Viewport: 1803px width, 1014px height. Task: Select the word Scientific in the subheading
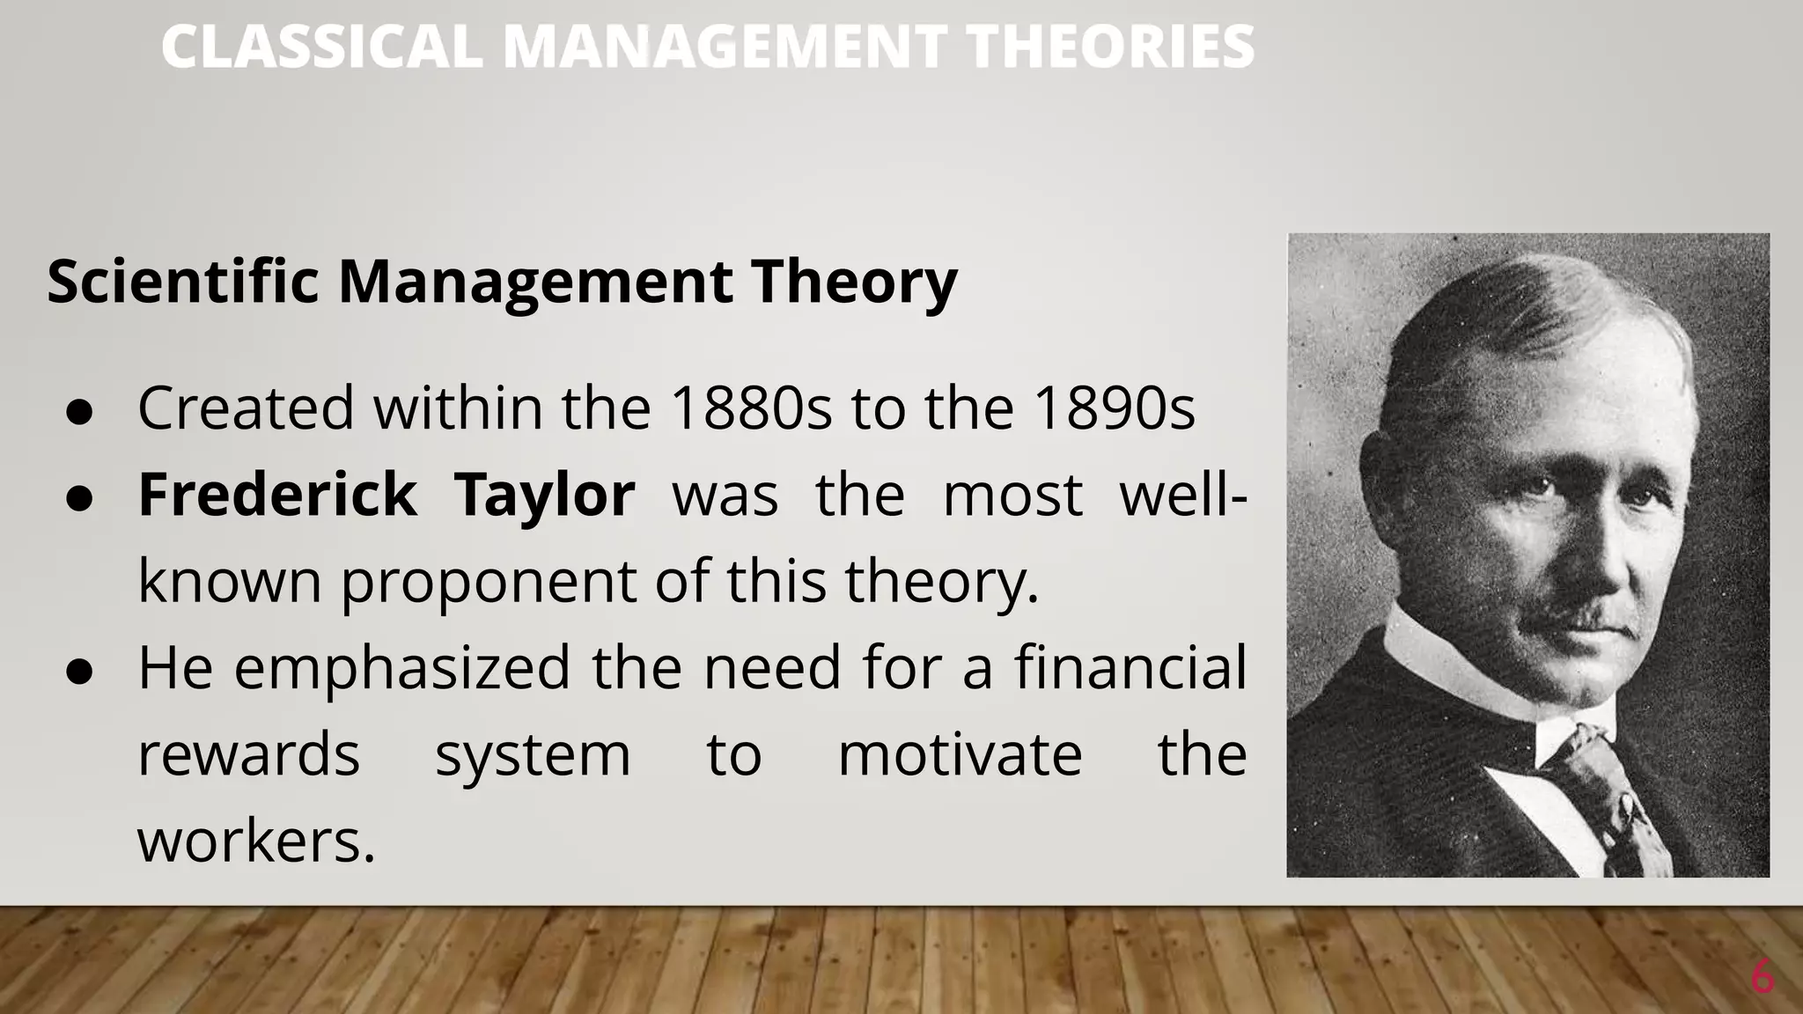point(183,282)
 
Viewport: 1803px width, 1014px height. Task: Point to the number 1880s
point(750,408)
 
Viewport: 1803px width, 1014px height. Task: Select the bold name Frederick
point(277,495)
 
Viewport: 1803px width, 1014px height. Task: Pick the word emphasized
point(402,667)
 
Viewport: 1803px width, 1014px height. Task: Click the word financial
point(1130,667)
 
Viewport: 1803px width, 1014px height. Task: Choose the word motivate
point(960,755)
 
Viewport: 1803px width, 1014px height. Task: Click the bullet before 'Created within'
point(79,413)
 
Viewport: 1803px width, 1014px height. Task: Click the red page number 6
point(1762,978)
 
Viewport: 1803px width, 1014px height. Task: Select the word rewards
point(249,755)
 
